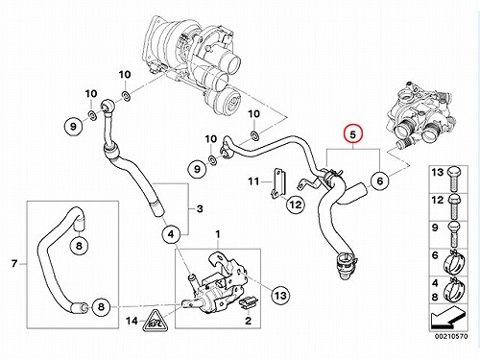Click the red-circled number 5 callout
pos(352,134)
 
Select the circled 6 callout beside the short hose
pos(379,181)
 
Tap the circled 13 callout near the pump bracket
pos(280,295)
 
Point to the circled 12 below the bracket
pos(296,204)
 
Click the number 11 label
pos(253,181)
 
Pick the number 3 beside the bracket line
pos(200,209)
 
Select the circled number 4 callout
pos(171,234)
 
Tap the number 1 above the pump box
pos(218,234)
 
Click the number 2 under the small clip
pos(249,321)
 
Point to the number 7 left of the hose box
pos(14,264)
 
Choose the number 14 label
pos(132,321)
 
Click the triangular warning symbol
pos(156,321)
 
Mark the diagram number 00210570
pos(451,336)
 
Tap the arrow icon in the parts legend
pos(447,318)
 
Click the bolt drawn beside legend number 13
pos(454,180)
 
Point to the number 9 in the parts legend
pos(435,228)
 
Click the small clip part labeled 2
pos(249,302)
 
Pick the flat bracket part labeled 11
pos(277,185)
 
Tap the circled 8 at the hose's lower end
pos(101,307)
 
